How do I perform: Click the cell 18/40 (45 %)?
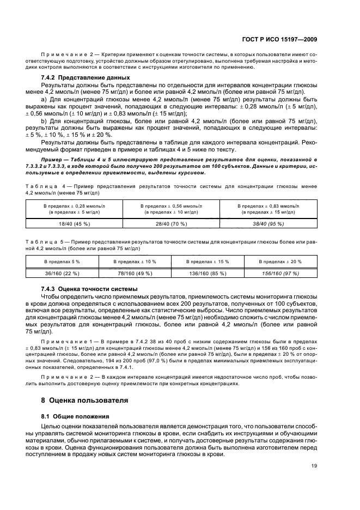74,223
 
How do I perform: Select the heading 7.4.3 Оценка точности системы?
89,288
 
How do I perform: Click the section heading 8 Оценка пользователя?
85,400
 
